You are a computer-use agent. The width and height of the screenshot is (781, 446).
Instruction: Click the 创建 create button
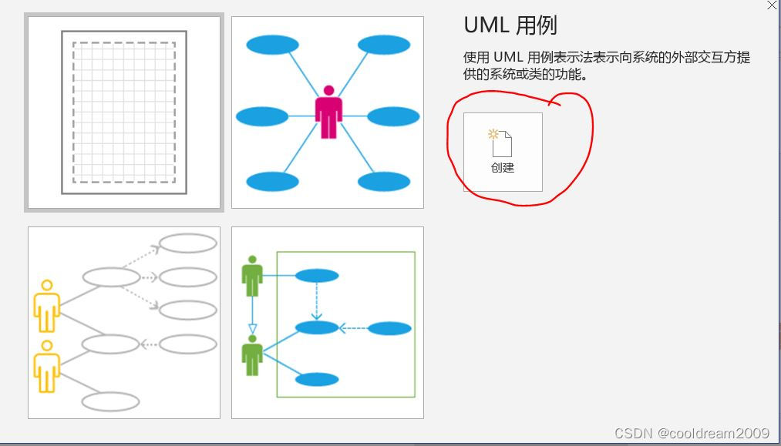click(503, 152)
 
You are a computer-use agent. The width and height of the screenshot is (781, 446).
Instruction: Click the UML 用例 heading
click(510, 25)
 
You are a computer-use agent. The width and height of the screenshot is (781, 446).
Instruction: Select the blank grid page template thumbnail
click(124, 112)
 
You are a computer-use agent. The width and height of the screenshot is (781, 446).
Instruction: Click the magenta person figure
click(328, 112)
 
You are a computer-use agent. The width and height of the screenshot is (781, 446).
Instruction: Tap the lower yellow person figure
click(47, 367)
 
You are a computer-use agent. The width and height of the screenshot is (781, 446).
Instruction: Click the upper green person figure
click(252, 276)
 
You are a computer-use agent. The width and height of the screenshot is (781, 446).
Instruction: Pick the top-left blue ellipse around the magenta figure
click(272, 45)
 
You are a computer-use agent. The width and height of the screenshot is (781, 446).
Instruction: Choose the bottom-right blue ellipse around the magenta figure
click(384, 182)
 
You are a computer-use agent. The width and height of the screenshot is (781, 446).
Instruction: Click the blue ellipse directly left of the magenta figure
click(262, 117)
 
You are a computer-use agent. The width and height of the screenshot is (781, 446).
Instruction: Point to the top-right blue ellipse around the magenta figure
click(384, 45)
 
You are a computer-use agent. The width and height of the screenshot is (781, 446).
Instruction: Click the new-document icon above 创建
click(501, 143)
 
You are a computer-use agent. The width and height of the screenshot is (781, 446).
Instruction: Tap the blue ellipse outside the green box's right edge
click(389, 329)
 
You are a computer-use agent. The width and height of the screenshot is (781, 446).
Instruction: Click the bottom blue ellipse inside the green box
click(317, 379)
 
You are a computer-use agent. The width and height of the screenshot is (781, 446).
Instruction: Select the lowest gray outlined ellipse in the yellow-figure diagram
click(110, 401)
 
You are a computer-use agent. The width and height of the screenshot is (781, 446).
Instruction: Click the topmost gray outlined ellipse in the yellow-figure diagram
click(187, 243)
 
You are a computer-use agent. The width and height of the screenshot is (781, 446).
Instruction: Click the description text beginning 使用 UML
click(606, 66)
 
